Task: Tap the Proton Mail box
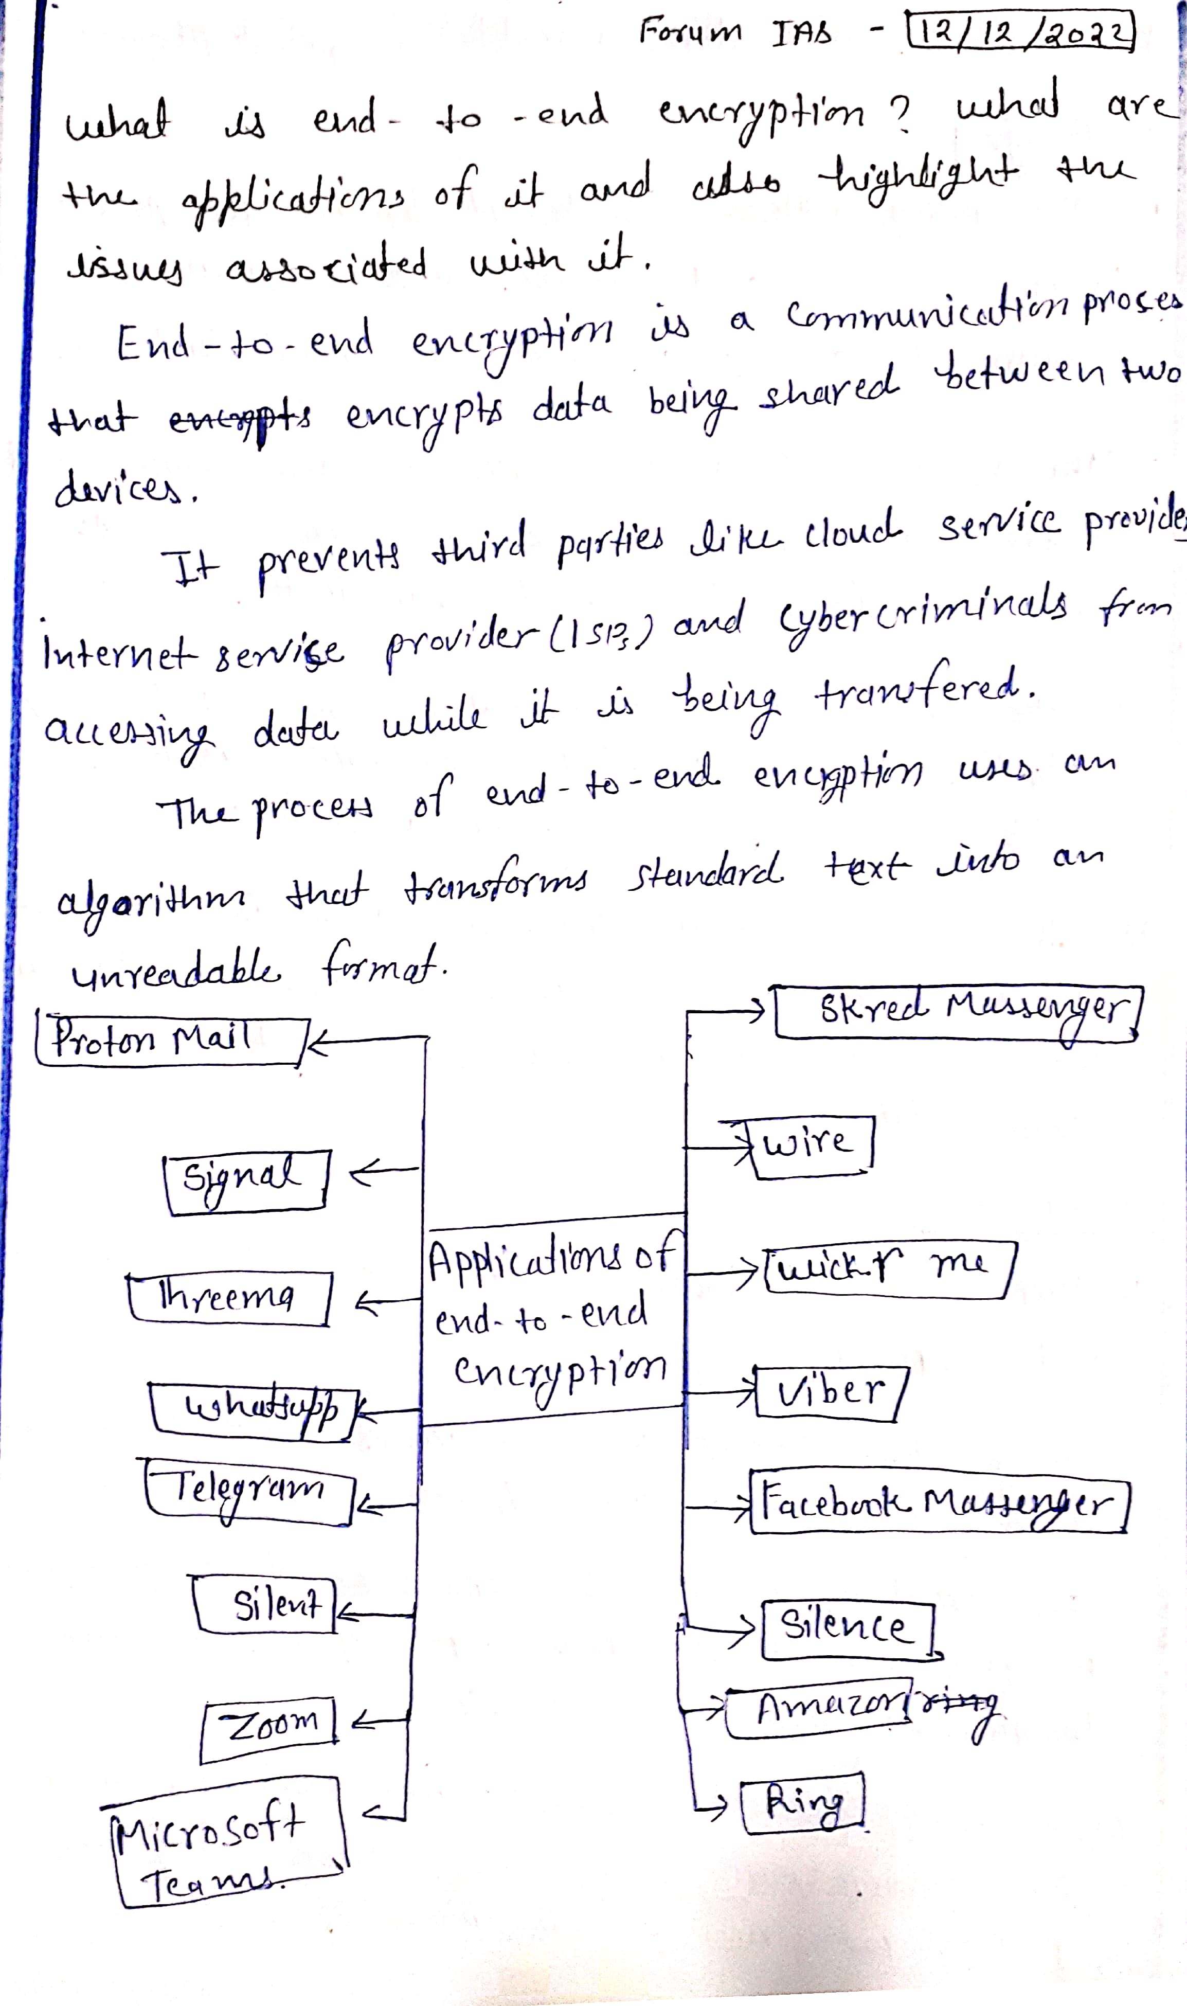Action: tap(170, 1040)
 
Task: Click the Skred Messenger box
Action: tap(957, 1011)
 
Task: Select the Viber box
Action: tap(829, 1393)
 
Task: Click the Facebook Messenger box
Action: tap(938, 1503)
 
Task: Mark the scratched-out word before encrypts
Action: tap(240, 418)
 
